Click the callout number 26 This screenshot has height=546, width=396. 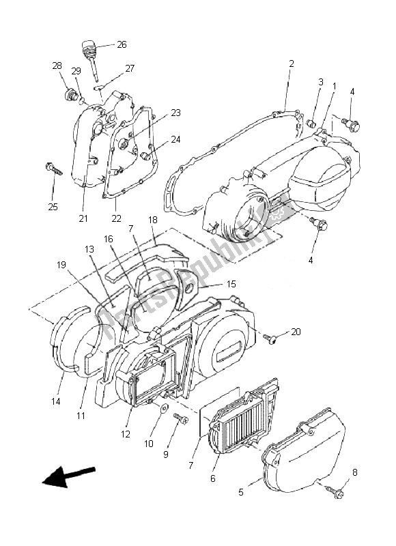(x=122, y=45)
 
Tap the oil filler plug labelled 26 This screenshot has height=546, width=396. (x=88, y=50)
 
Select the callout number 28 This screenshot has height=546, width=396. (x=57, y=66)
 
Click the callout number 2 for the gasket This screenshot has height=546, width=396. (x=291, y=63)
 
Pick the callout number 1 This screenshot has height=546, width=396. (x=334, y=85)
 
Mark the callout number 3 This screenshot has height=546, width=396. (x=320, y=82)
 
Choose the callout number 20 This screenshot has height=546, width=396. (x=295, y=332)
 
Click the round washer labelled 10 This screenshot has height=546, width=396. (x=164, y=408)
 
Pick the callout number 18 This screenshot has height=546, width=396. (x=152, y=220)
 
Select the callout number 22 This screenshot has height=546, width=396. (x=116, y=218)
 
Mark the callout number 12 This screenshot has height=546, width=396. (x=126, y=434)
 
